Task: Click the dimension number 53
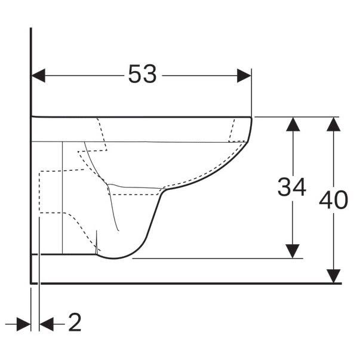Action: [142, 73]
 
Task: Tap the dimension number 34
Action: [292, 187]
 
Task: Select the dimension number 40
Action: [333, 200]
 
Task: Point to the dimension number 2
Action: [75, 322]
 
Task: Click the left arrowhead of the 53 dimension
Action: [38, 75]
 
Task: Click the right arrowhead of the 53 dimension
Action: [244, 75]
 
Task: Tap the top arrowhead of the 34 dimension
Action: [293, 124]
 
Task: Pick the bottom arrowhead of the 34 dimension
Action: [293, 251]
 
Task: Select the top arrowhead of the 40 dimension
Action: [333, 124]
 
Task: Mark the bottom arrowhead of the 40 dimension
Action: [333, 276]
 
